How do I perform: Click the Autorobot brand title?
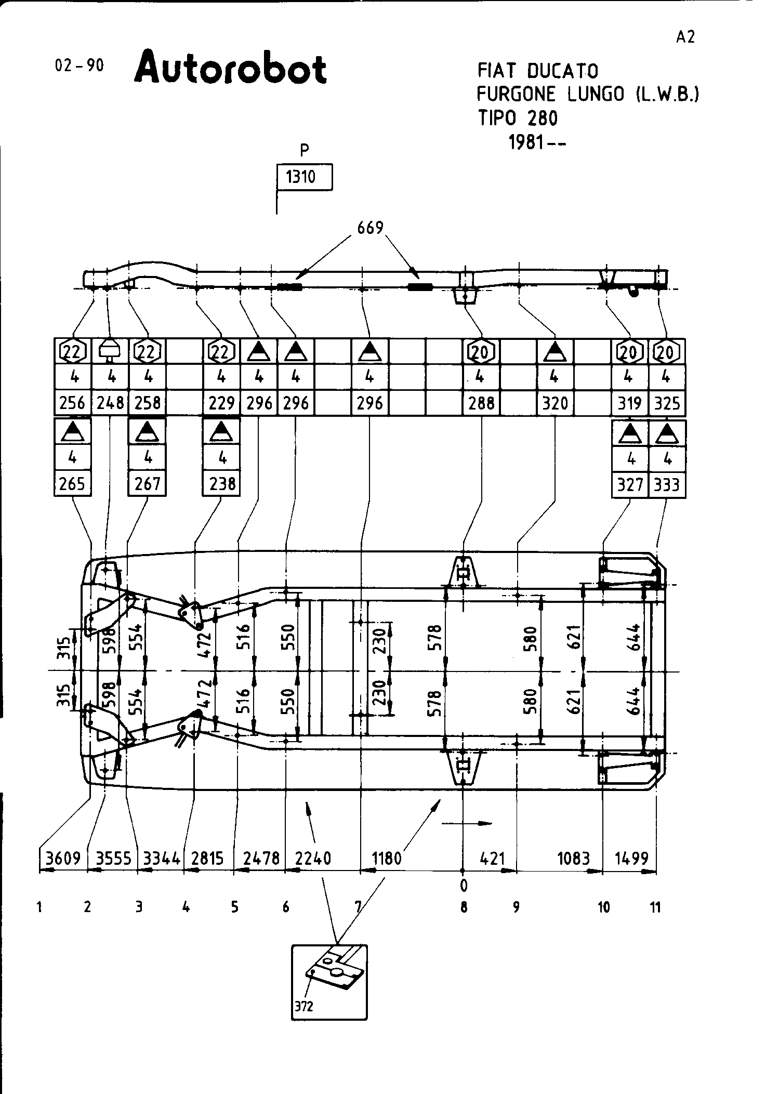tap(230, 68)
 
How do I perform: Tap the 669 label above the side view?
tap(370, 228)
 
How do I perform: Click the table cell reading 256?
tap(72, 403)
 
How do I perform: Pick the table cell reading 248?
tap(110, 403)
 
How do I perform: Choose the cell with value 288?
tap(481, 403)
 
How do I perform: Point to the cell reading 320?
tap(555, 403)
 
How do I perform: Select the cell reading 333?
tap(667, 485)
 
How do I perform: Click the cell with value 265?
tap(72, 484)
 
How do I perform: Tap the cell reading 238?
tap(222, 484)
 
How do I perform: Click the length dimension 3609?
tap(62, 858)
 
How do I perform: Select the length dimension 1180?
tap(387, 858)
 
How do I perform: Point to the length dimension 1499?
tap(631, 858)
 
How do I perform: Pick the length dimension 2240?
tap(313, 858)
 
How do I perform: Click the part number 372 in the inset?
tap(304, 1007)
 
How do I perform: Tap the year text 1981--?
tap(537, 142)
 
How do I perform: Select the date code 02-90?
tap(79, 65)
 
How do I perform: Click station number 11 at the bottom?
tap(655, 907)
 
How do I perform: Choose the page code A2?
tap(685, 37)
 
